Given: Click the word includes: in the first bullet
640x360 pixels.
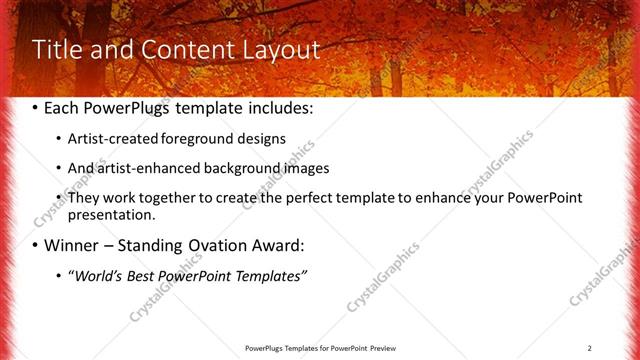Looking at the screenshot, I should [278, 109].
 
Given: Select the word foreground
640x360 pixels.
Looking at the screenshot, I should [207, 140].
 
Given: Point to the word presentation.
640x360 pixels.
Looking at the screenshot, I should [111, 215].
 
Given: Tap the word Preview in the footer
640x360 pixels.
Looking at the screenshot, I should [377, 348].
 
